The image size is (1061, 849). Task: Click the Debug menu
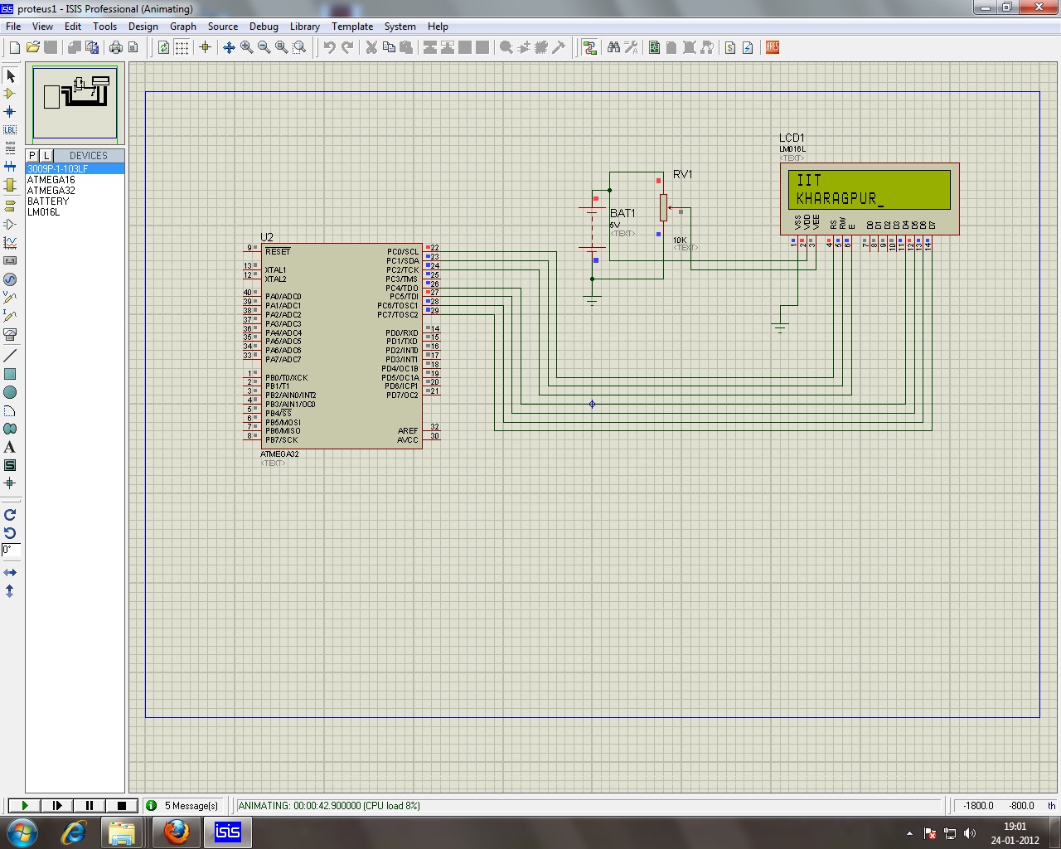tap(264, 27)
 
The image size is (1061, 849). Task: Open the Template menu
tap(352, 27)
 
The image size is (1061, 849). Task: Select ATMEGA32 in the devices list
tap(51, 191)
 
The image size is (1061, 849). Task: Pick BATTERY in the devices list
tap(48, 201)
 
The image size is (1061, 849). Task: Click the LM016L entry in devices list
tap(43, 212)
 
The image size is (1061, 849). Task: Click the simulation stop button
tap(122, 805)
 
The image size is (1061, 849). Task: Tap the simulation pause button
tap(90, 805)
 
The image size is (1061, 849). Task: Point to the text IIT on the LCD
tap(808, 180)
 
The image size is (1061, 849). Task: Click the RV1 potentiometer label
tap(682, 174)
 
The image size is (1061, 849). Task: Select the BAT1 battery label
tap(623, 213)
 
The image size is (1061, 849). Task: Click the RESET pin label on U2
tap(278, 252)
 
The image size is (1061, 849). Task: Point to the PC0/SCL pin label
tap(402, 252)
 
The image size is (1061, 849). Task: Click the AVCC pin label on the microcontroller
tap(407, 440)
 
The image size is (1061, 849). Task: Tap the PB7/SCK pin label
tap(281, 440)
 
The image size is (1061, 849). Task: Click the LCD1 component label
tap(792, 138)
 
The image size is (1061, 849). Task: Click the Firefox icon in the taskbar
tap(176, 832)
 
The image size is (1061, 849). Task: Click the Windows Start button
tap(22, 832)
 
